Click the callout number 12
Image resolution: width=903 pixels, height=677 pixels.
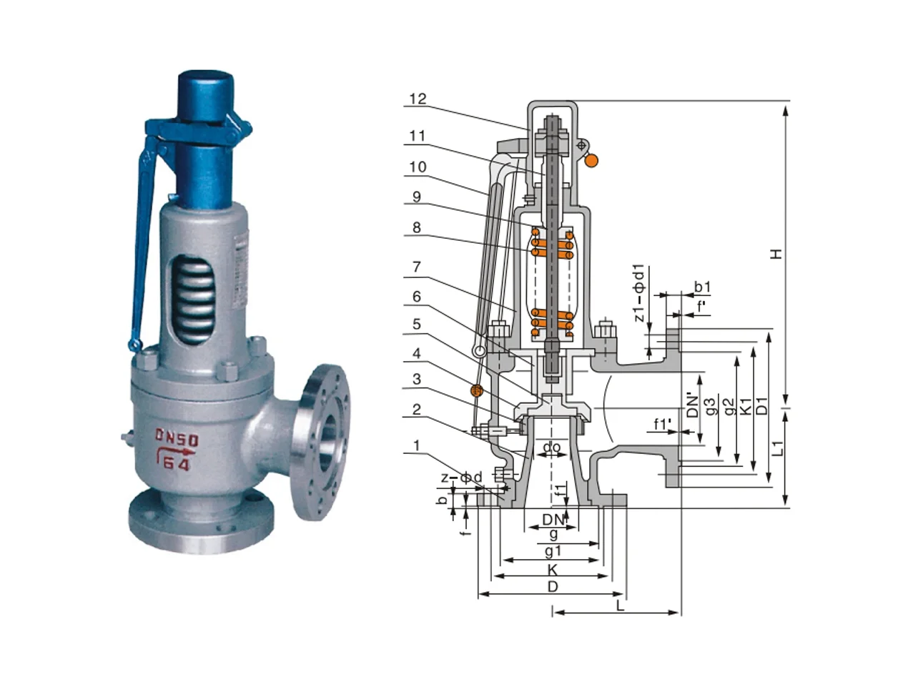tap(418, 99)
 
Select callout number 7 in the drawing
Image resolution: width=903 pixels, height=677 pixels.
tap(417, 267)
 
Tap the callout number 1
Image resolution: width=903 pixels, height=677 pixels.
tap(417, 445)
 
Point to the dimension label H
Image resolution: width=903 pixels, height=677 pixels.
tap(776, 254)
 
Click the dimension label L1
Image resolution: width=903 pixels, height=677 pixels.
tap(778, 448)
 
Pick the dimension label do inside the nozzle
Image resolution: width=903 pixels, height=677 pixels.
tap(552, 447)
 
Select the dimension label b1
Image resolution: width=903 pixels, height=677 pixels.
tap(702, 287)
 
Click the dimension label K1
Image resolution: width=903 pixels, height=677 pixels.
tap(746, 405)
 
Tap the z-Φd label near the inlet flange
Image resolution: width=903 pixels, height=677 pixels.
tap(461, 478)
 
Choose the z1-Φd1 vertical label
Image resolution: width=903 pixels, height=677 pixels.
tap(639, 293)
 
